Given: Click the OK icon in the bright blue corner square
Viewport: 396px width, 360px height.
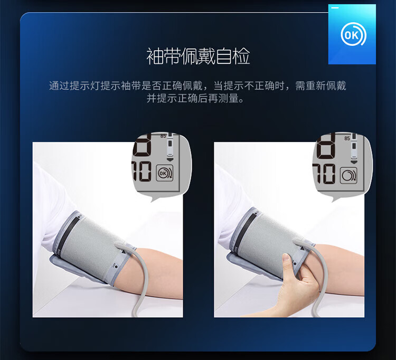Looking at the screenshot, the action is (353, 35).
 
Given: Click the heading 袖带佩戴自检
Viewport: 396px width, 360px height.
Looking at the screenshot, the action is (198, 56).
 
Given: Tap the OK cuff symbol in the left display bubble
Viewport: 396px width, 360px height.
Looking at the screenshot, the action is (165, 173).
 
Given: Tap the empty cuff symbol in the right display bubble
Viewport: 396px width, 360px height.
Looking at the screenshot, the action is (348, 175).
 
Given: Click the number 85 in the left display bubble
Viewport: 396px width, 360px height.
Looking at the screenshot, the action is (163, 136).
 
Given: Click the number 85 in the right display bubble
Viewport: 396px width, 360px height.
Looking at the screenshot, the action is (347, 138).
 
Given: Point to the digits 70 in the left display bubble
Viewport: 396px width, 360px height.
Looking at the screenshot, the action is (142, 172).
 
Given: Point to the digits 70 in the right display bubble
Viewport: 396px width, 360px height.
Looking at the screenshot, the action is (324, 174).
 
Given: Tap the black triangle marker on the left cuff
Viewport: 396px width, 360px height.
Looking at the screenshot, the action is (123, 252).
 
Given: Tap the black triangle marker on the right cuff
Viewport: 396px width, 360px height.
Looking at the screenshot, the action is (302, 249).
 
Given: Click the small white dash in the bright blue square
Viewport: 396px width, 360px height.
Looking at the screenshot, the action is (335, 8).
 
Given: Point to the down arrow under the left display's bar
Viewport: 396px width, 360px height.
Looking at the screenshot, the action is (170, 160).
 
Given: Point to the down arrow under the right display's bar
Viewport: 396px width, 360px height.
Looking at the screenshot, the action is (354, 162).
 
